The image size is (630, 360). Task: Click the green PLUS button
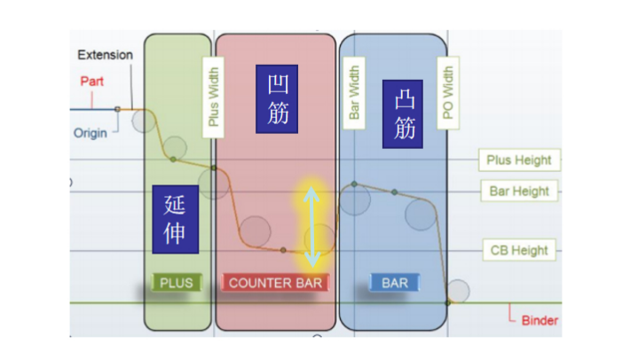click(177, 283)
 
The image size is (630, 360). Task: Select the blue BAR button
click(394, 283)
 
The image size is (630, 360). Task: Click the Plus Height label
click(519, 160)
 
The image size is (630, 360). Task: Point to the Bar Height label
click(519, 191)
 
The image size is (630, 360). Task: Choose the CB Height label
click(519, 250)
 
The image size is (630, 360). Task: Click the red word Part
click(92, 82)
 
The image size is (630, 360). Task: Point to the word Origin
click(91, 133)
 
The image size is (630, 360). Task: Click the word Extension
click(105, 55)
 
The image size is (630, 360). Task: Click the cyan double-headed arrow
click(310, 228)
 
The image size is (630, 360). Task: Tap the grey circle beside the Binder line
click(458, 291)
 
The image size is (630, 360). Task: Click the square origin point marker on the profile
click(117, 109)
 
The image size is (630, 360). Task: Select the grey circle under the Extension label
click(144, 121)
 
